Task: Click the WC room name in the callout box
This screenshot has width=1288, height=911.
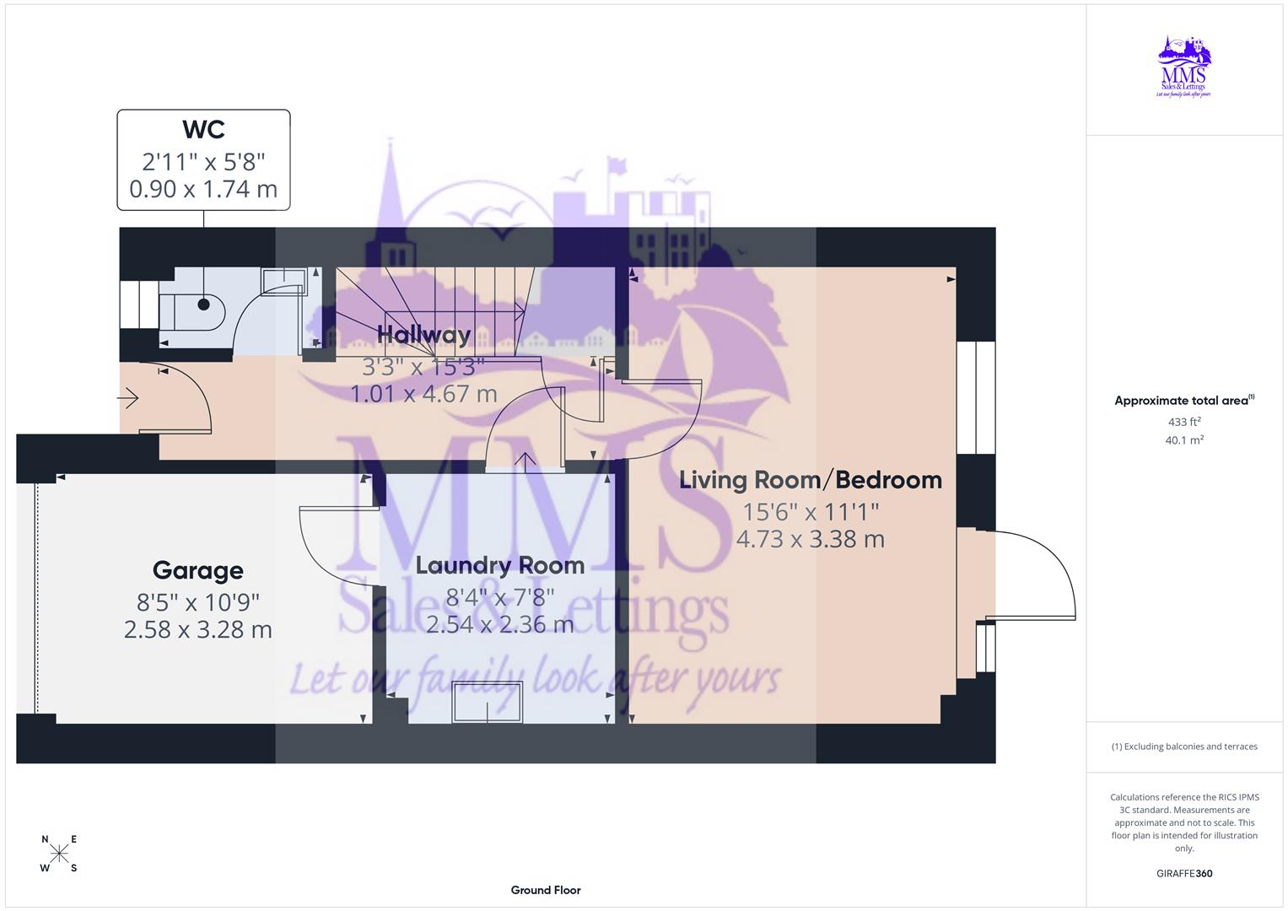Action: pyautogui.click(x=203, y=130)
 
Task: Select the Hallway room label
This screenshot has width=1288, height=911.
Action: pyautogui.click(x=423, y=335)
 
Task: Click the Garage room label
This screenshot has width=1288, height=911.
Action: pyautogui.click(x=197, y=571)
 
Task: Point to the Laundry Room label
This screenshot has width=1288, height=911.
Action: pyautogui.click(x=499, y=566)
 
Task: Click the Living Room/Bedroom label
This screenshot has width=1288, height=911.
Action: pyautogui.click(x=810, y=480)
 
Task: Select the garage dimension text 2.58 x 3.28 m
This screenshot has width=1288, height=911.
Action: pyautogui.click(x=197, y=629)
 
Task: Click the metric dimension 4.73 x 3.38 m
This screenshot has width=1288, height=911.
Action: pyautogui.click(x=810, y=539)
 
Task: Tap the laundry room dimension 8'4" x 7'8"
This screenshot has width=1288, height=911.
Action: pyautogui.click(x=499, y=597)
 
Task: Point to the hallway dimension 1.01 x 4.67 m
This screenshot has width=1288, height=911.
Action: pyautogui.click(x=423, y=394)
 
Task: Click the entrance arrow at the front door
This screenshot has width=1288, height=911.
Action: pyautogui.click(x=128, y=397)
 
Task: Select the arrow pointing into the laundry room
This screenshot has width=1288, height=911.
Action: pyautogui.click(x=525, y=461)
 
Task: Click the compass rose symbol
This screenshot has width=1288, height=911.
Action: pyautogui.click(x=59, y=854)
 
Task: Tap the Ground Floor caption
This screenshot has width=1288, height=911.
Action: pyautogui.click(x=545, y=890)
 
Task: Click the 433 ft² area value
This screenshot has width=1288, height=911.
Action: pyautogui.click(x=1184, y=422)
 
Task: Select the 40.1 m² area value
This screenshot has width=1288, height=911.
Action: pyautogui.click(x=1184, y=439)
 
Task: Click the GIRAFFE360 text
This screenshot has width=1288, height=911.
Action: pyautogui.click(x=1184, y=873)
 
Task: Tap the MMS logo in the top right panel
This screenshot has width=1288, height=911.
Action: pyautogui.click(x=1184, y=67)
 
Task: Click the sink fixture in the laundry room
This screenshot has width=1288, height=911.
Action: pyautogui.click(x=488, y=702)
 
